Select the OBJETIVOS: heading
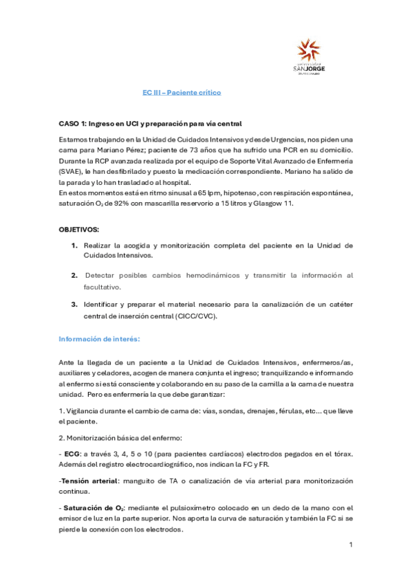(78, 228)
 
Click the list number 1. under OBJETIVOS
(74, 245)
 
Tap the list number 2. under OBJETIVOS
(74, 275)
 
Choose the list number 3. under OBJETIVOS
(74, 304)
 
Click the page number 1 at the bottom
(351, 544)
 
